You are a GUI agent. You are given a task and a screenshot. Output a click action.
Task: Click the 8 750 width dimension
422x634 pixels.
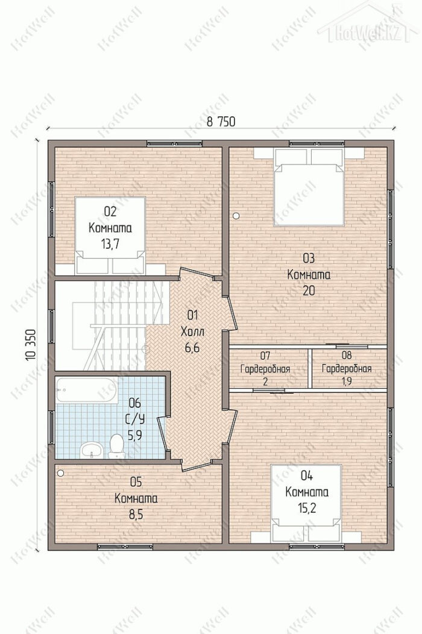coord(221,121)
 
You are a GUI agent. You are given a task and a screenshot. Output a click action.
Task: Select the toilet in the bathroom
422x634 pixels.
coord(116,446)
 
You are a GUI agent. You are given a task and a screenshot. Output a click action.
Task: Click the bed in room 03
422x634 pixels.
coord(309,186)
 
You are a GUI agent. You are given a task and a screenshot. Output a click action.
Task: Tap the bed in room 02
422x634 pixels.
coord(110,235)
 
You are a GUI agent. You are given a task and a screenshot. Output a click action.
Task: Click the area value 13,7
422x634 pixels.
coord(110,243)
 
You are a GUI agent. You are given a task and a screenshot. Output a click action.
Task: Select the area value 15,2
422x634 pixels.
coord(307,508)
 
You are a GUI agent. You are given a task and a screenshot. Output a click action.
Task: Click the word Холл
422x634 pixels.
coord(192,332)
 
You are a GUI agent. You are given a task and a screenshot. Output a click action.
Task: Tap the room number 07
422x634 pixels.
coord(265,356)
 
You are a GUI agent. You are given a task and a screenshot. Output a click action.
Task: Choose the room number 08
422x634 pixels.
coord(346,356)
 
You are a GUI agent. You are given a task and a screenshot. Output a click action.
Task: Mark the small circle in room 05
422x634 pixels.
coord(61,472)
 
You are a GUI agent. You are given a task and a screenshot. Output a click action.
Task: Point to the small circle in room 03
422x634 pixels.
coord(236,216)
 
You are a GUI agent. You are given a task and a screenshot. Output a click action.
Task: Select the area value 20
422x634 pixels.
coord(308,290)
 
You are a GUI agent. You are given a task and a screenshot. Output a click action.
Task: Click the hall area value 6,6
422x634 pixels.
coord(192,348)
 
